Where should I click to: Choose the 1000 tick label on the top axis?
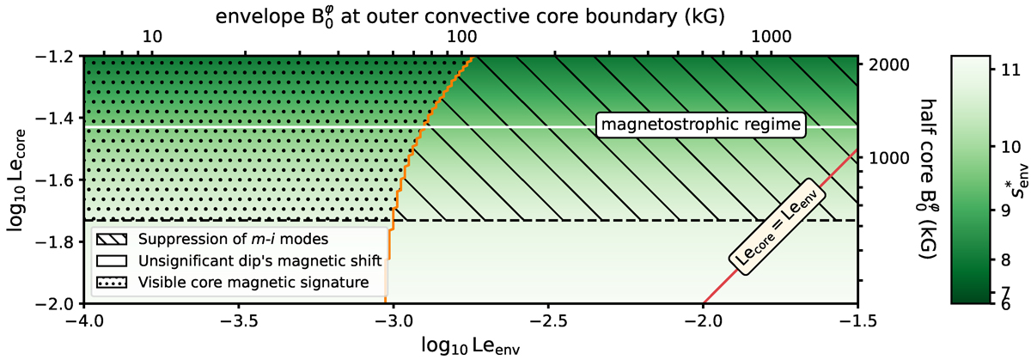click(771, 37)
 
